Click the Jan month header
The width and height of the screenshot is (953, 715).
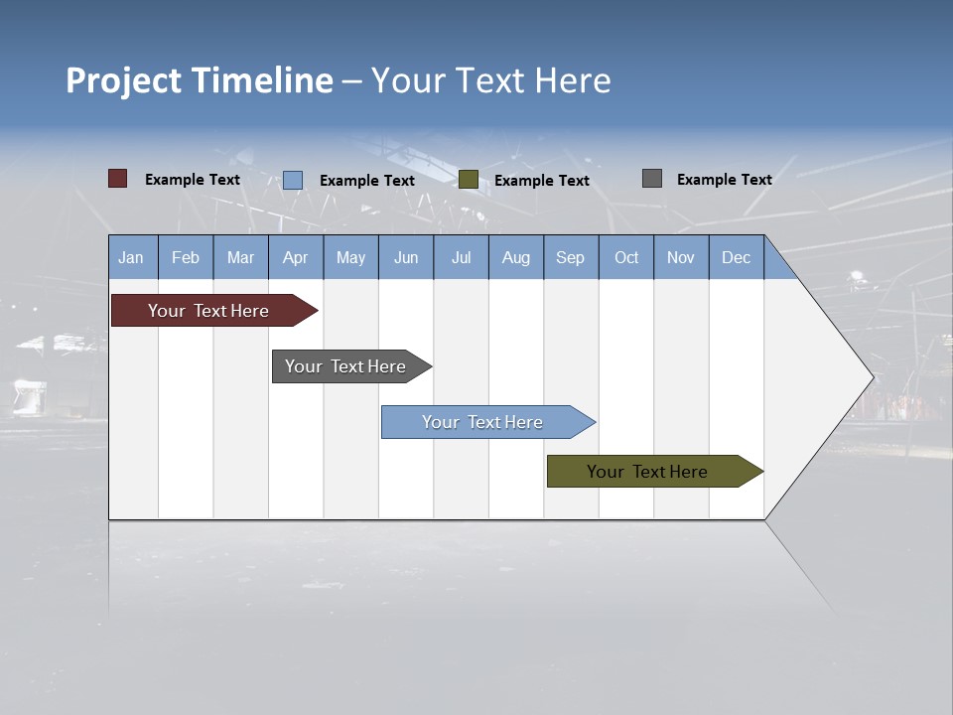tap(132, 257)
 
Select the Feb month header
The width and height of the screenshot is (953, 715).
tap(186, 257)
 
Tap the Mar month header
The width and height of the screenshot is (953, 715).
tap(240, 257)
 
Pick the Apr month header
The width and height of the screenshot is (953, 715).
tap(296, 257)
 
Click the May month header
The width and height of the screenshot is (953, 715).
tap(350, 257)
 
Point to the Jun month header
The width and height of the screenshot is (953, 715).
tap(406, 257)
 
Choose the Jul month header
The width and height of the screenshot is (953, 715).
tap(461, 257)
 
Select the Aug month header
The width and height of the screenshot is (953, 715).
tap(516, 257)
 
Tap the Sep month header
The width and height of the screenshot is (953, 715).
tap(571, 257)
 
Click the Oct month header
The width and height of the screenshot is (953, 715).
tap(626, 257)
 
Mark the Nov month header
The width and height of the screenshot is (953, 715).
tap(681, 257)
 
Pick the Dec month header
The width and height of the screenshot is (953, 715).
tap(737, 257)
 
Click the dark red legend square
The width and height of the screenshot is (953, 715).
tap(117, 179)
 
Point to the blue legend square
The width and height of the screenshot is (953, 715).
tap(292, 180)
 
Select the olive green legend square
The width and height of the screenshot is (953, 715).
tap(469, 180)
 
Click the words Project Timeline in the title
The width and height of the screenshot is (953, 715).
tap(200, 80)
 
